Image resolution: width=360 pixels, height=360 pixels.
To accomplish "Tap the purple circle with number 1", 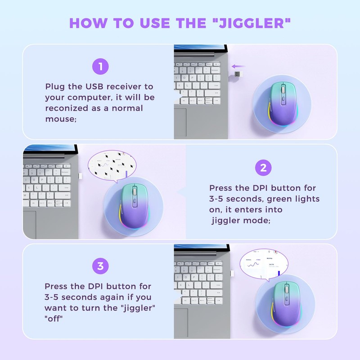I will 100,67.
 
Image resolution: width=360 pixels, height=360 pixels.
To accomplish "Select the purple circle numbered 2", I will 263,168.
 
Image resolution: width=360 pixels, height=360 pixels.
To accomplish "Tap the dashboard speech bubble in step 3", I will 263,265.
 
